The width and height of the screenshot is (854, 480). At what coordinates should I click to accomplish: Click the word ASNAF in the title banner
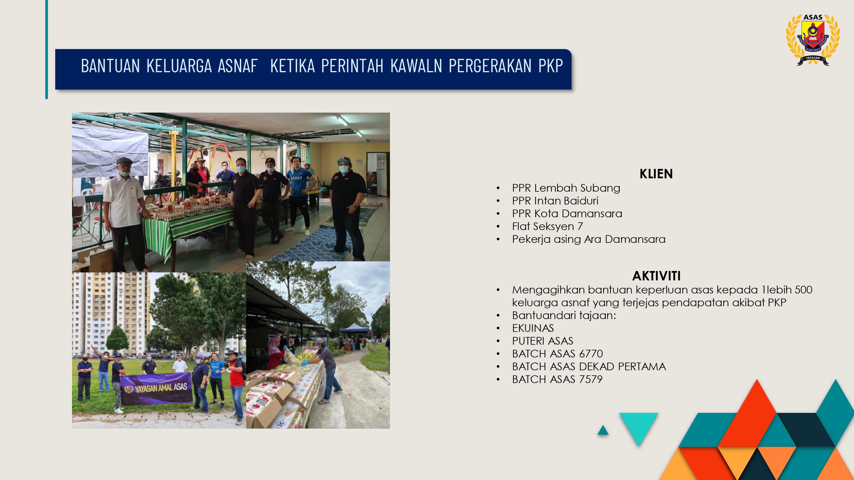point(238,66)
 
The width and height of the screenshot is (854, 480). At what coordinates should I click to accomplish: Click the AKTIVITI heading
point(656,276)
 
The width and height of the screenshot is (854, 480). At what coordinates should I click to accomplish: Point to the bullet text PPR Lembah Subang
point(566,188)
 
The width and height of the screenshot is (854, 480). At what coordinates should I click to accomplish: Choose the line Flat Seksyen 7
point(547,226)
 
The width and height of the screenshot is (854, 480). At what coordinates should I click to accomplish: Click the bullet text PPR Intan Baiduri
point(555,201)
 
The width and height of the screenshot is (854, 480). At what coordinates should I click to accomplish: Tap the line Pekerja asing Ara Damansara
point(588,239)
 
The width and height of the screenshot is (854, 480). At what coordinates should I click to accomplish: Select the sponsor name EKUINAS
point(533,328)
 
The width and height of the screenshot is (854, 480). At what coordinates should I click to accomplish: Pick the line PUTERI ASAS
point(542,341)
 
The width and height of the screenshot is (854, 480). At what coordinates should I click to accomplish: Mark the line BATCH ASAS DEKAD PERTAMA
point(589,366)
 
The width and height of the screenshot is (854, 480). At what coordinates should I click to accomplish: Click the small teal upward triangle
point(603,430)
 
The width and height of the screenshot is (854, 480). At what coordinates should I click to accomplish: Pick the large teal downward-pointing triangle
point(639,426)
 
